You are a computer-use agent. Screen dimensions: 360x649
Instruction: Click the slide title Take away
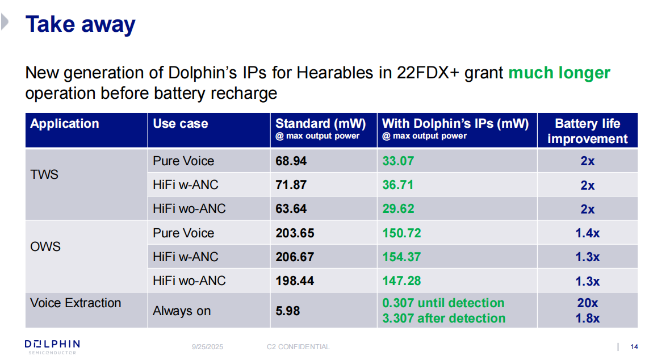click(x=81, y=25)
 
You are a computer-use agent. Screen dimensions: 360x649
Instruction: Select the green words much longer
click(x=559, y=73)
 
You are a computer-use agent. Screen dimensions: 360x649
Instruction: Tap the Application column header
click(x=65, y=124)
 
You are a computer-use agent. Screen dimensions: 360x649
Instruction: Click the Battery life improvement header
click(x=587, y=131)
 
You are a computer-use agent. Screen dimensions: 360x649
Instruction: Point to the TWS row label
click(x=44, y=174)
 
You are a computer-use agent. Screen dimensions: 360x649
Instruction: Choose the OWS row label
click(x=45, y=247)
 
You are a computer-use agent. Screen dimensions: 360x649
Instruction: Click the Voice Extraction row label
click(x=76, y=303)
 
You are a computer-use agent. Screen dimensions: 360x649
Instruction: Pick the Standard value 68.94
click(x=291, y=161)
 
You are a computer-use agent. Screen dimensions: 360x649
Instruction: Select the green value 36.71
click(x=398, y=185)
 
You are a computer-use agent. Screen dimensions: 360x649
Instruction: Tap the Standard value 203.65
click(x=295, y=233)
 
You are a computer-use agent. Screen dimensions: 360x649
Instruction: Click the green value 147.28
click(x=401, y=281)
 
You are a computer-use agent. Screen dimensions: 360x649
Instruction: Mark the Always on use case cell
click(x=182, y=311)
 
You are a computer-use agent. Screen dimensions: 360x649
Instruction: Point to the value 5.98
click(x=287, y=311)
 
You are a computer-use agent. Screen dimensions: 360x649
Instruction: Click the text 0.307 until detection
click(x=443, y=303)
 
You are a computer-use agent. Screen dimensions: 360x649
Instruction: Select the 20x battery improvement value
click(x=587, y=303)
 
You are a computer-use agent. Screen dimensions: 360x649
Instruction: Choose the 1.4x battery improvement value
click(x=587, y=233)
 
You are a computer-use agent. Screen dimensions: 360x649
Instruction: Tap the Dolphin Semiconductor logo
click(x=52, y=346)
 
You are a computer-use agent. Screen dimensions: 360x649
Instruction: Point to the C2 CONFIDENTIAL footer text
click(x=298, y=347)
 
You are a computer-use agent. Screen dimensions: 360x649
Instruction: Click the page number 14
click(x=635, y=347)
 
